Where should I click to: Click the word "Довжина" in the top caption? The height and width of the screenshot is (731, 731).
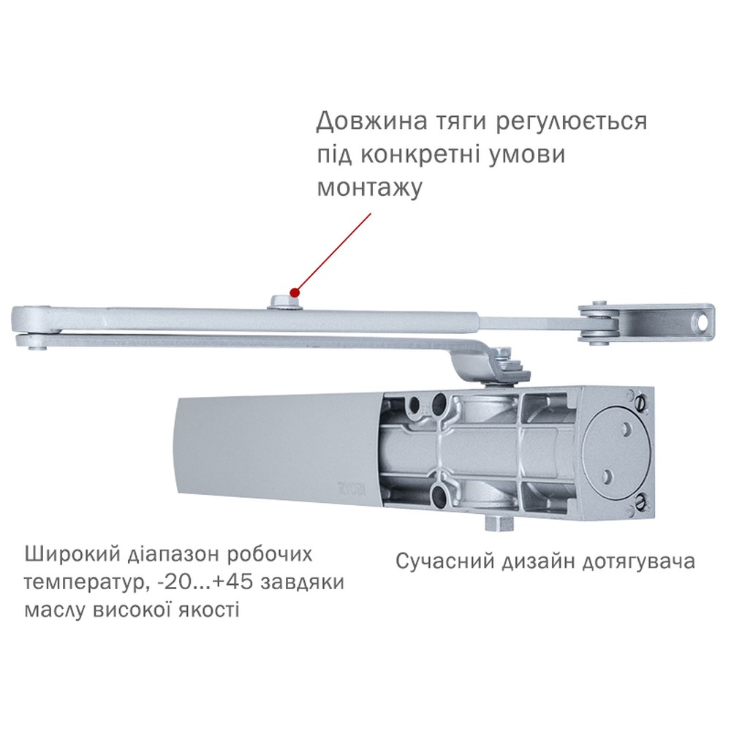pos(371,122)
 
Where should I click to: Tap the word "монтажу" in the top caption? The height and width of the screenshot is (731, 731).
pos(370,187)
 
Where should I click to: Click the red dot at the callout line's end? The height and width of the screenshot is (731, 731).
pos(294,293)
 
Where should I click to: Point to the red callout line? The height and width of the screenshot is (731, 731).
pos(333,253)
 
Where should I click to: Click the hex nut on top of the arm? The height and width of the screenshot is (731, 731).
pos(284,302)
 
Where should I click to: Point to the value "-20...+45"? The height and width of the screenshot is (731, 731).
pos(205,583)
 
